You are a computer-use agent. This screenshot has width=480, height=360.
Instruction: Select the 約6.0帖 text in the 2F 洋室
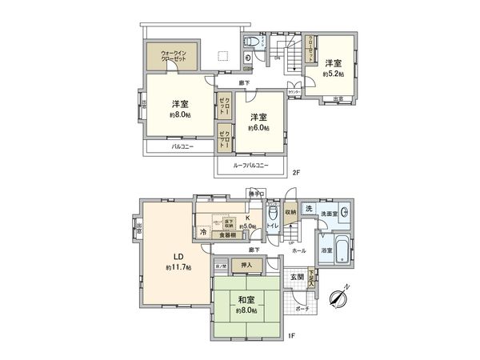258,127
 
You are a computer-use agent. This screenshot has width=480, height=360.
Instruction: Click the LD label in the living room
178,257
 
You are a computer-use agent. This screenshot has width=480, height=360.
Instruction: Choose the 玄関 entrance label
297,276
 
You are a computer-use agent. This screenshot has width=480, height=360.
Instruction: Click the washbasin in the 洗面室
343,213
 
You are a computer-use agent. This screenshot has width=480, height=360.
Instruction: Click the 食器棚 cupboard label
228,235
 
